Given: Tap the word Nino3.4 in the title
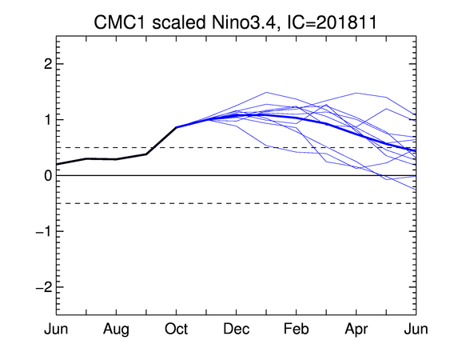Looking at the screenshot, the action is [x=243, y=22].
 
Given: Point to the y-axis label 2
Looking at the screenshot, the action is [x=48, y=64].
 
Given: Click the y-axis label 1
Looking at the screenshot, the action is [x=49, y=120].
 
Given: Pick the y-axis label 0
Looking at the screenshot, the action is [x=48, y=175].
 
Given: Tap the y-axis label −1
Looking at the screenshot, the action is [x=44, y=231].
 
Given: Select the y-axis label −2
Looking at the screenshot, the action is [x=44, y=287].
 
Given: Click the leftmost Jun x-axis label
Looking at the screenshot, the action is [x=56, y=329].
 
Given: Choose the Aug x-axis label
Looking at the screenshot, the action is [x=116, y=330].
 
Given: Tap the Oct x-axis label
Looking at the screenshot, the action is [x=176, y=329].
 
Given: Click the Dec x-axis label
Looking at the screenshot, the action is [x=237, y=329].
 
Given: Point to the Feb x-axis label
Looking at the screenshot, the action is [x=297, y=329].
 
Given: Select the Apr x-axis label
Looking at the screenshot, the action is [x=356, y=330].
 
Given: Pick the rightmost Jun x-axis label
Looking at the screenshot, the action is [x=416, y=329].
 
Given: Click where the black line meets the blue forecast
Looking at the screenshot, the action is [x=176, y=127].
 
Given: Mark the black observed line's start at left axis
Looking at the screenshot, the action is [x=57, y=164].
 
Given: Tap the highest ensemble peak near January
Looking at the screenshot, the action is [x=266, y=93].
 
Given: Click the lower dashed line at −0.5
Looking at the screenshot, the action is [x=237, y=203].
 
